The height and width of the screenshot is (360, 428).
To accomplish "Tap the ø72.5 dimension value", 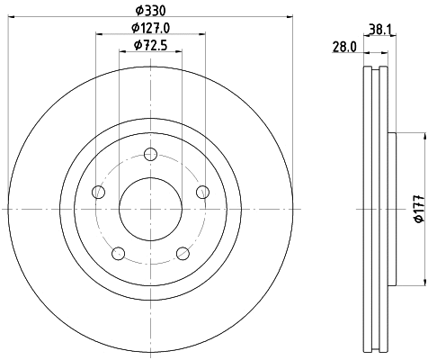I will point(150,44).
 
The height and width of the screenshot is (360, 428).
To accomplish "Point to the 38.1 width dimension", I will point(378,28).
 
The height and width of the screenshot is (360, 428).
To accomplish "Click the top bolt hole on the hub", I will point(150,154).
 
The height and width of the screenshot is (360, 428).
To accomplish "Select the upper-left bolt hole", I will point(99,192).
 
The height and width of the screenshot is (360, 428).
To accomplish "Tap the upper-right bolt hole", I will point(202,192).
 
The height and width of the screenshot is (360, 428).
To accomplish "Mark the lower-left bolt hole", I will point(119,253).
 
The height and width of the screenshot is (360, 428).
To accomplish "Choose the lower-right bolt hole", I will point(183,253).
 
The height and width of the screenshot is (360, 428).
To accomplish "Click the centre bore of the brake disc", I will point(150,208).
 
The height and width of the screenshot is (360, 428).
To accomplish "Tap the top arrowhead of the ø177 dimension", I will point(422,135).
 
